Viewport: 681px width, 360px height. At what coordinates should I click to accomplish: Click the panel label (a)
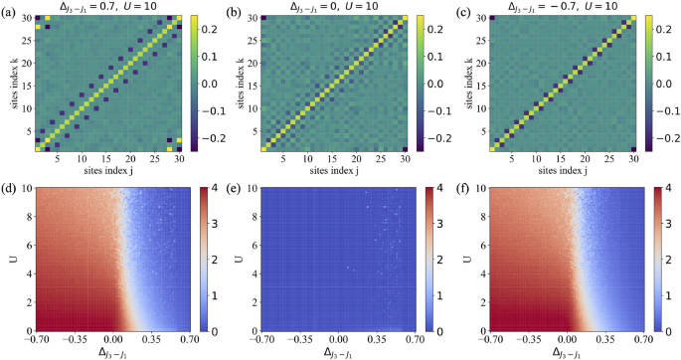9,9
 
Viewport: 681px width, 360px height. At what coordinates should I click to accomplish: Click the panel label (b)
238,9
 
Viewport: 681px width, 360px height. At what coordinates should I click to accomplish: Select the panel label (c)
463,9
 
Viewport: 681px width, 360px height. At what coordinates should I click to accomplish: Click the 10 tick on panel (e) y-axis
256,186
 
